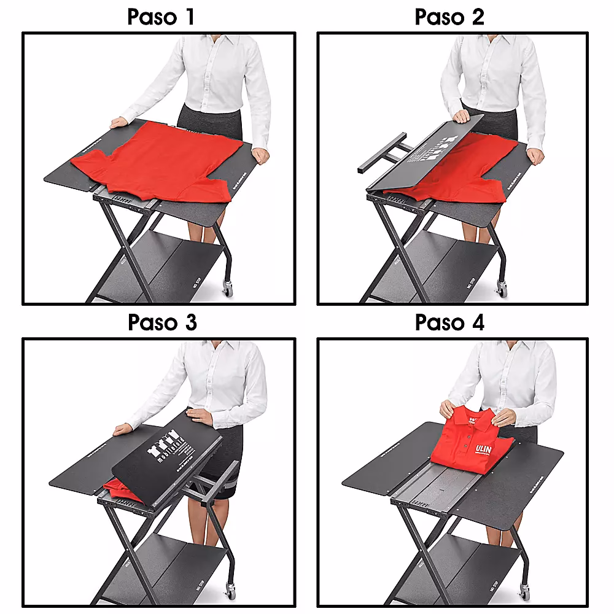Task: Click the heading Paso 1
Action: click(161, 17)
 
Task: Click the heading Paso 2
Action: click(449, 17)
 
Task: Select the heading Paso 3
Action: click(161, 322)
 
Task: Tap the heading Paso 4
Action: click(449, 322)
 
